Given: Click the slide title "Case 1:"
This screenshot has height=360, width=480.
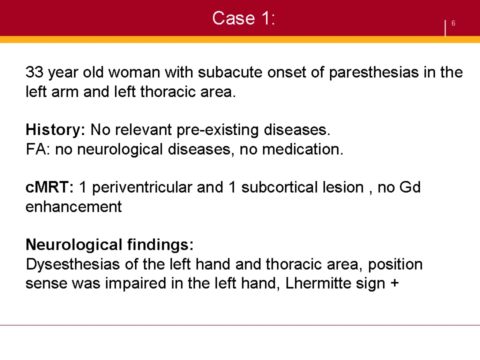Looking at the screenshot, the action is [x=244, y=18].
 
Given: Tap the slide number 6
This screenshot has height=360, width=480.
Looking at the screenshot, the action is [x=453, y=23].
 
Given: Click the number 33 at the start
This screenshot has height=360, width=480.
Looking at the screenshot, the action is [x=34, y=72].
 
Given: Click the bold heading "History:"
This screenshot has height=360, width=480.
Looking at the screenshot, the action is [x=55, y=130].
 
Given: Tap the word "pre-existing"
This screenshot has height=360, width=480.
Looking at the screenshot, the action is [x=217, y=130].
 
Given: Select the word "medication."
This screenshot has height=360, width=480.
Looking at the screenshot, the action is [x=303, y=150].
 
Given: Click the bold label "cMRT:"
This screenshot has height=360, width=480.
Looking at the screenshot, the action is [x=50, y=187].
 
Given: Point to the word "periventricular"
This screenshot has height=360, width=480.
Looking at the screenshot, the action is [x=142, y=188].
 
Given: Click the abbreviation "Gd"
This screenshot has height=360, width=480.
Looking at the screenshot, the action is [x=410, y=187].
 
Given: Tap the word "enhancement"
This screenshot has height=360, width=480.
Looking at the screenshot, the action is [x=74, y=207].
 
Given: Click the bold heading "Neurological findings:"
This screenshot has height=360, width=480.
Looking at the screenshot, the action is [x=110, y=245].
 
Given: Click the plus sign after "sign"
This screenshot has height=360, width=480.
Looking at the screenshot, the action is [x=395, y=283].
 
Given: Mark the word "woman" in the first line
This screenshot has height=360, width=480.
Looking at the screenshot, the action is [x=135, y=72].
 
